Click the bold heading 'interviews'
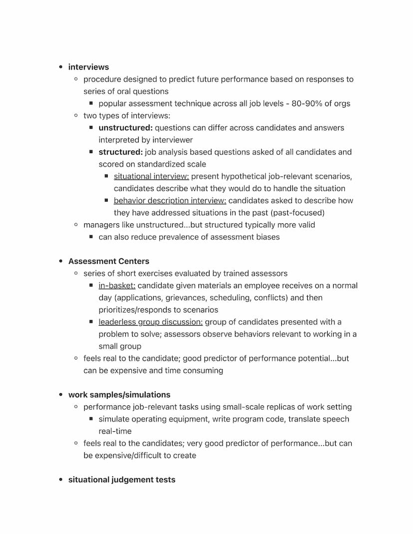(88, 67)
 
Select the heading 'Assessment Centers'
(109, 261)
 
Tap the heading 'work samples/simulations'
(119, 395)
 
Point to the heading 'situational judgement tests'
(122, 480)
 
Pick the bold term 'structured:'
(121, 152)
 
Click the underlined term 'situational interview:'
(151, 176)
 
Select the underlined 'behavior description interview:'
(170, 200)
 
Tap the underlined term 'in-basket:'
(117, 286)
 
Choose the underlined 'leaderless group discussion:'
(150, 322)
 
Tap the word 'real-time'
(115, 431)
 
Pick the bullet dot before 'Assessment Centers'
(61, 261)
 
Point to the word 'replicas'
(289, 407)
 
